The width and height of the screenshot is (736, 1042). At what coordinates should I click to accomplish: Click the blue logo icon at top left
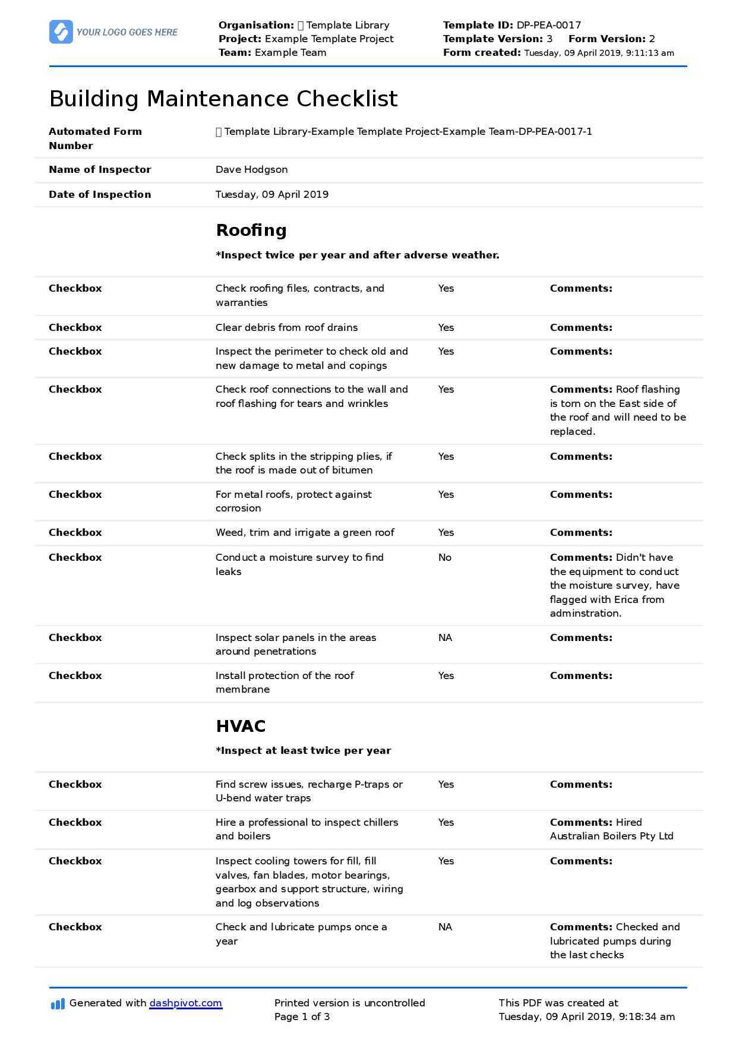click(61, 32)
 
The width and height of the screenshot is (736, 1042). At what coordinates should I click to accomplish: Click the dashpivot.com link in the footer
click(185, 1003)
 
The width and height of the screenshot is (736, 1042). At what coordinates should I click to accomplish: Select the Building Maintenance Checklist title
click(223, 99)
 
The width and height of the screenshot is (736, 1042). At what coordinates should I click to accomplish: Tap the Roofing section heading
click(251, 230)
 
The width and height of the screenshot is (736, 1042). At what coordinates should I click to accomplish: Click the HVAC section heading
click(241, 726)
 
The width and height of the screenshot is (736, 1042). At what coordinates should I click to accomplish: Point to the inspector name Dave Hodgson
click(251, 170)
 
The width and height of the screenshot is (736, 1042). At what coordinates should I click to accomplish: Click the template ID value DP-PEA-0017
click(548, 25)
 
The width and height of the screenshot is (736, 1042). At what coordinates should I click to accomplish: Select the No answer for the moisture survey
click(445, 557)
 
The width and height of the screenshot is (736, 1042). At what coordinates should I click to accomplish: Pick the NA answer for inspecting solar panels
click(445, 637)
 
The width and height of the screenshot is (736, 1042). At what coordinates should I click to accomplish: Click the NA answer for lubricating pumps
click(445, 927)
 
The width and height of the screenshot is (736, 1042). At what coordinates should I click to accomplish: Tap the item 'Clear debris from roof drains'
click(286, 327)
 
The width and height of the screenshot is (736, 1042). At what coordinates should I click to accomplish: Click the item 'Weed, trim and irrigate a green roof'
click(305, 532)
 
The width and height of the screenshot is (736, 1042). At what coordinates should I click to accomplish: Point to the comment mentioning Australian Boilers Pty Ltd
click(611, 829)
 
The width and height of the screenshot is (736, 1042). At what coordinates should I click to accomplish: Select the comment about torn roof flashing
click(618, 411)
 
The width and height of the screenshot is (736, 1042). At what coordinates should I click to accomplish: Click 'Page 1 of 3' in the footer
click(302, 1016)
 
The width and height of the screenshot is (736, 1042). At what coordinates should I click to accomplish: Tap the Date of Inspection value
click(271, 194)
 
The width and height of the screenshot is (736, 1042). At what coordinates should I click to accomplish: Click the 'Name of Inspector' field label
click(100, 170)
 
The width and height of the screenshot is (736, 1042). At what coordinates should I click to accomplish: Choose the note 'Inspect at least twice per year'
click(303, 751)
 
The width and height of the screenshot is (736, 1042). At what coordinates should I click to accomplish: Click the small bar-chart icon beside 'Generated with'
click(58, 1004)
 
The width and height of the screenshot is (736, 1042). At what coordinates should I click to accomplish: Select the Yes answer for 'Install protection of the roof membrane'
click(446, 675)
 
